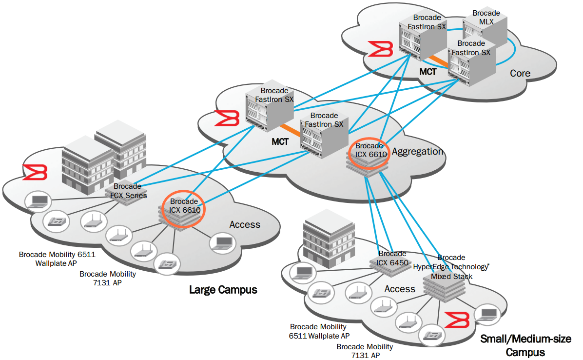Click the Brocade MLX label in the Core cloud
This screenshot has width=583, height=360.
coord(486,18)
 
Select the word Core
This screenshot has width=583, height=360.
coord(520,74)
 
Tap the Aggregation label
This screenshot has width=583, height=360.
coord(418,152)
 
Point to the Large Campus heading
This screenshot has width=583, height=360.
coord(223,290)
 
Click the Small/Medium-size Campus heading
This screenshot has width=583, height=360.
coord(525,345)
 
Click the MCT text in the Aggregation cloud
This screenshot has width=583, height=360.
coord(281,142)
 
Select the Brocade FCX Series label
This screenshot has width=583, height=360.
coord(127,191)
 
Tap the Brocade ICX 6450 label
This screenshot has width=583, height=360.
coord(392,259)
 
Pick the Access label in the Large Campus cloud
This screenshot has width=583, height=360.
coord(245,224)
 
